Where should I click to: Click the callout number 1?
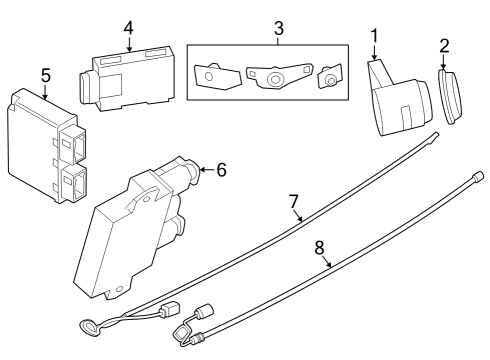pos(374,37)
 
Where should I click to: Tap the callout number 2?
pos(444,45)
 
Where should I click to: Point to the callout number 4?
pos(127,27)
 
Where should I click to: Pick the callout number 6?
pos(221,169)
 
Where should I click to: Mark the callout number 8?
pos(321,246)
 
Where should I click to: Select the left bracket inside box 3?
pos(209,76)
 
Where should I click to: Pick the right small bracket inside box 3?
pos(328,78)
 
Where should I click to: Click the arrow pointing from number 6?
pos(206,170)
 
